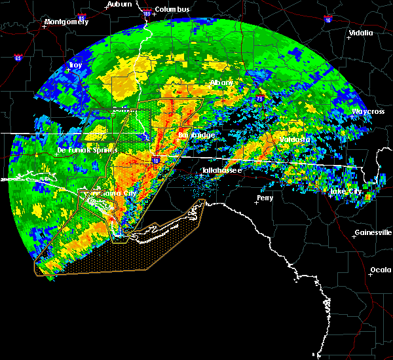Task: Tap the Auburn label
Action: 119,4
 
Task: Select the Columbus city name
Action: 173,9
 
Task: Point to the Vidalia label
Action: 360,33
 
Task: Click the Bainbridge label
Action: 196,135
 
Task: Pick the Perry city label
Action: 265,197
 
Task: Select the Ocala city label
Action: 380,270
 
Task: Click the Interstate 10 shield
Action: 156,160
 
